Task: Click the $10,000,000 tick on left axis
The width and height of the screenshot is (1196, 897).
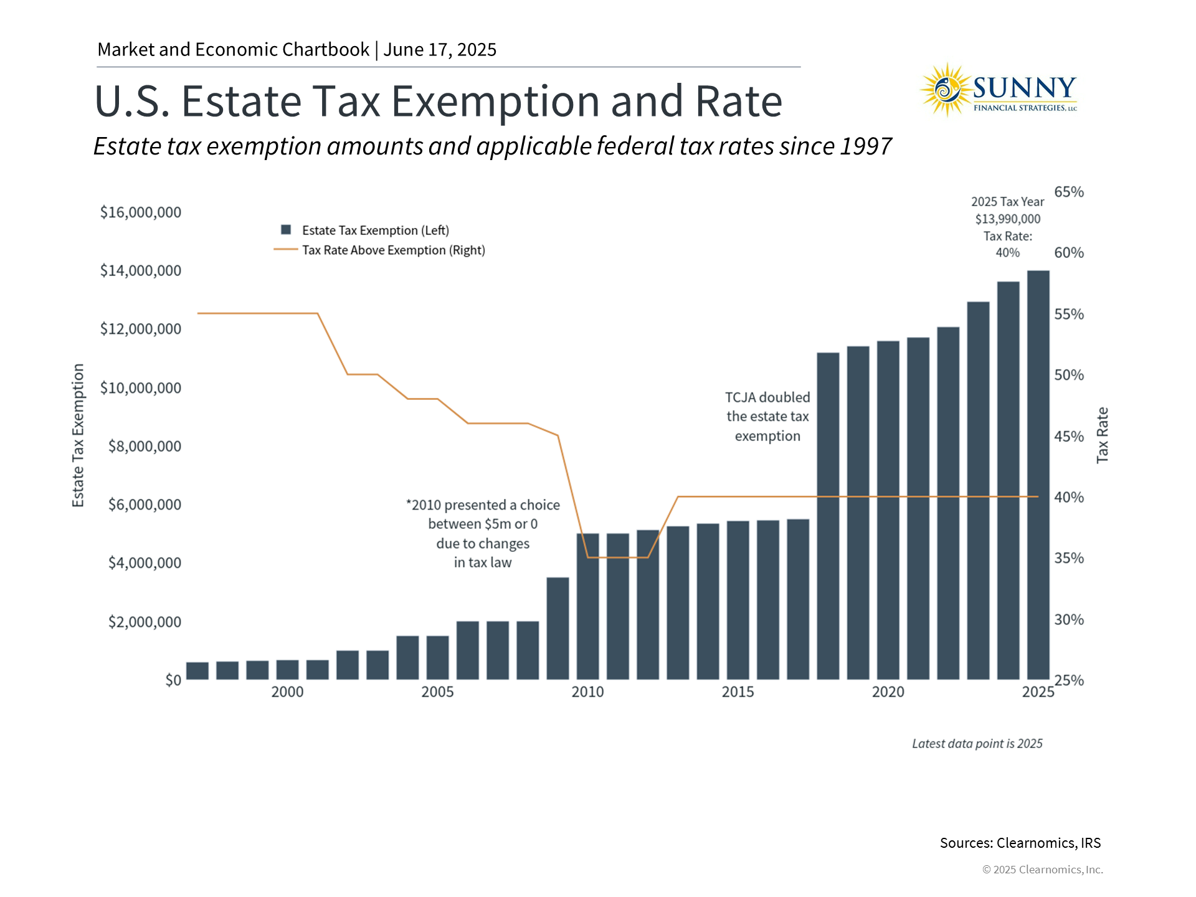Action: tap(141, 388)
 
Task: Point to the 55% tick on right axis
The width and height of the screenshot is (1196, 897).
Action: tap(1068, 315)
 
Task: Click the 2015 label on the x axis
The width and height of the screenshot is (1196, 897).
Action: tap(738, 692)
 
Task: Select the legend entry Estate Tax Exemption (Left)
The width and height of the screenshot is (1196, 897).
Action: tap(375, 230)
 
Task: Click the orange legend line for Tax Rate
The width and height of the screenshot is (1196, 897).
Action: tap(285, 250)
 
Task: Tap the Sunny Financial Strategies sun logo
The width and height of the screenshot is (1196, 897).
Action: tap(946, 90)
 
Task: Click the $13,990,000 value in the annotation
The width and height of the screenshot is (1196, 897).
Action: tap(1007, 219)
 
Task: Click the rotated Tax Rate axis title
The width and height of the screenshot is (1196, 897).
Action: tap(1102, 435)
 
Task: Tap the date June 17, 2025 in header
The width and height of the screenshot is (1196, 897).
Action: tap(440, 50)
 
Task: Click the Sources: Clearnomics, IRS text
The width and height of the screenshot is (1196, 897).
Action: tap(1020, 843)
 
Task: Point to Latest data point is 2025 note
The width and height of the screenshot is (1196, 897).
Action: tap(977, 744)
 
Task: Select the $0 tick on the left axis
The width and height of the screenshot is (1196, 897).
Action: tap(173, 680)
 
